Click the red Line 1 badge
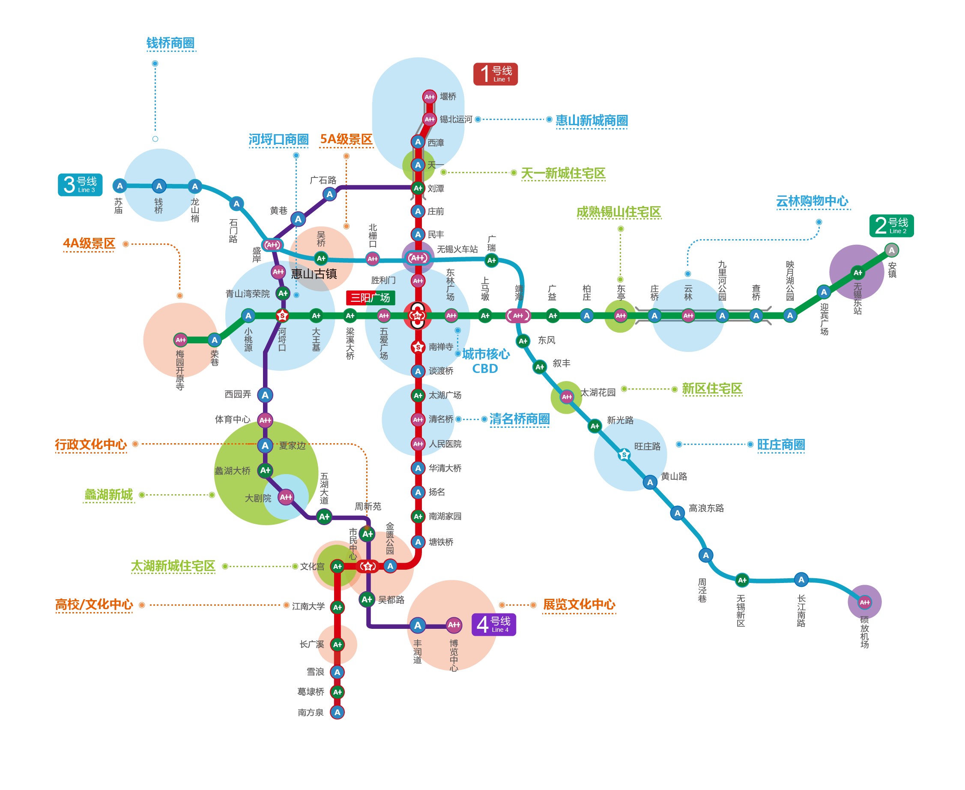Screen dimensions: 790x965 [495, 74]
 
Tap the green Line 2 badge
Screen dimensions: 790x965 [891, 226]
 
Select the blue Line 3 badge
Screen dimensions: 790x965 [80, 185]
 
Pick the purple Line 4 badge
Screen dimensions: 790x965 [493, 625]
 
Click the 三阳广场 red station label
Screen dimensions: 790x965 [370, 297]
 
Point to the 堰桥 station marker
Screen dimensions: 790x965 [429, 96]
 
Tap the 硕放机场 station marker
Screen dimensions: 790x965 [864, 602]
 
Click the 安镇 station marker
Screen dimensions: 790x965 [891, 250]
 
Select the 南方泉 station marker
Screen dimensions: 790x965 [337, 712]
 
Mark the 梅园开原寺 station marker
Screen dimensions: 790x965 [181, 339]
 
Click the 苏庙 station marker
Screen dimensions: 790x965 [120, 186]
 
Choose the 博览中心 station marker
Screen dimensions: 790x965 [454, 625]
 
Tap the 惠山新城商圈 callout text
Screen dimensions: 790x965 [591, 120]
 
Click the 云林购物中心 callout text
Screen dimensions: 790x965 [812, 201]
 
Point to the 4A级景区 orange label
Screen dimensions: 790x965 [89, 243]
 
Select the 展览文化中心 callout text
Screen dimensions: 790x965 [579, 604]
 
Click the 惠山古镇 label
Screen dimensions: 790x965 [314, 273]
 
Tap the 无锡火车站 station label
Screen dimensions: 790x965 [457, 249]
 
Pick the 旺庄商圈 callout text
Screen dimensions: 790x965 [781, 445]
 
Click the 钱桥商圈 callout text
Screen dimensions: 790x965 [170, 43]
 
